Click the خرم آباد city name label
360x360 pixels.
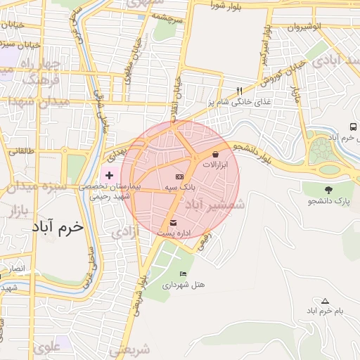[x=58, y=228]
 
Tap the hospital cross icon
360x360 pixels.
[x=109, y=174]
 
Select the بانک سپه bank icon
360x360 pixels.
[x=179, y=176]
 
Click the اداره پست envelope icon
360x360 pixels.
[x=173, y=222]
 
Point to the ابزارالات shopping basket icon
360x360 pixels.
[x=215, y=153]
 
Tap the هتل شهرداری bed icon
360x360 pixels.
[x=184, y=274]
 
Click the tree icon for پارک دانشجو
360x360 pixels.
[x=328, y=190]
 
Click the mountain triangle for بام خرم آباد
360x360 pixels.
[x=325, y=301]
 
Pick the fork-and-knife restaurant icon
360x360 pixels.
[x=239, y=91]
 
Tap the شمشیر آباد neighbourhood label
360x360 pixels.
[x=214, y=205]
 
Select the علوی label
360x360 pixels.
[x=46, y=346]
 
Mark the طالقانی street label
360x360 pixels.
[x=20, y=150]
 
